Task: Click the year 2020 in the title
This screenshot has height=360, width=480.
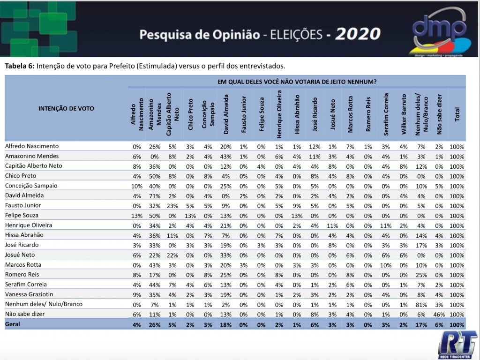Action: click(358, 34)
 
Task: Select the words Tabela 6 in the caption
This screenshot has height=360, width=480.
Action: click(19, 66)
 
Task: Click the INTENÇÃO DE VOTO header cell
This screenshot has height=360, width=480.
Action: click(66, 108)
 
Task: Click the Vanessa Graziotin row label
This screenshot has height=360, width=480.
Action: click(29, 294)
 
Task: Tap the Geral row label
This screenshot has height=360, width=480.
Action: click(13, 324)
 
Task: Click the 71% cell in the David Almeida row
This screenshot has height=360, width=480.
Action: click(154, 196)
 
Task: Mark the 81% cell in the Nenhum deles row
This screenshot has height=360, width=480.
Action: click(421, 305)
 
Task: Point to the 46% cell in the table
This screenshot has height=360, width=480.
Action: click(439, 315)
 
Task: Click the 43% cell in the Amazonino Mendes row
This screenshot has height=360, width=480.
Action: click(225, 157)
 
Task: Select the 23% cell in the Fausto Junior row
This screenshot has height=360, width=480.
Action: click(172, 206)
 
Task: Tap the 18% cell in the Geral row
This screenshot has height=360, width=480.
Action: click(225, 324)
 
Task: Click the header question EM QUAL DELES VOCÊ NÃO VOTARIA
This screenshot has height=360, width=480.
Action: click(297, 82)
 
